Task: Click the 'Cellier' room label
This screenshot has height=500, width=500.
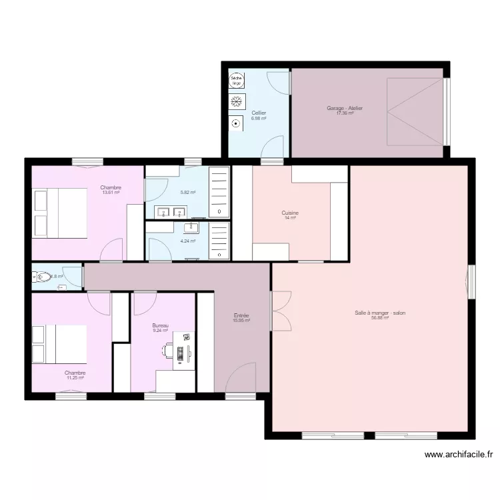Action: click(x=259, y=113)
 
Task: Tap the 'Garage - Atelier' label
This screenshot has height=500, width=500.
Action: click(x=345, y=108)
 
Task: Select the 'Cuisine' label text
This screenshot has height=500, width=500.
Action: click(x=290, y=213)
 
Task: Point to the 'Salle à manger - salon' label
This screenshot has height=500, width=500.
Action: click(x=380, y=313)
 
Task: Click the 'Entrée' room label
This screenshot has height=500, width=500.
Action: click(x=241, y=315)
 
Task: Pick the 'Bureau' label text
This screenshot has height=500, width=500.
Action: click(x=160, y=325)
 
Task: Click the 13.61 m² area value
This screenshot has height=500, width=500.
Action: click(x=111, y=193)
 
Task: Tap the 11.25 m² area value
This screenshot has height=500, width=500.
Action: click(x=75, y=378)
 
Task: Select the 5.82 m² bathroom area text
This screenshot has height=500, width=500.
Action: click(x=188, y=193)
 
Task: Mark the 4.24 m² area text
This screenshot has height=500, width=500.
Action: click(x=188, y=241)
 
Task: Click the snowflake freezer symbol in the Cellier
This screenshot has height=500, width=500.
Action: click(x=236, y=102)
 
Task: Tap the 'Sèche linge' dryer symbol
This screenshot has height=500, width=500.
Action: click(x=236, y=81)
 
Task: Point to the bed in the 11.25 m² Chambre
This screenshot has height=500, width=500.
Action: click(x=61, y=344)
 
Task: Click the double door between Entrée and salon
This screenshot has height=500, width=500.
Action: click(x=280, y=311)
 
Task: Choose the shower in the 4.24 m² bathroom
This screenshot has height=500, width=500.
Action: click(x=219, y=241)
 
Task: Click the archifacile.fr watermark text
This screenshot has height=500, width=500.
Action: click(x=459, y=455)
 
